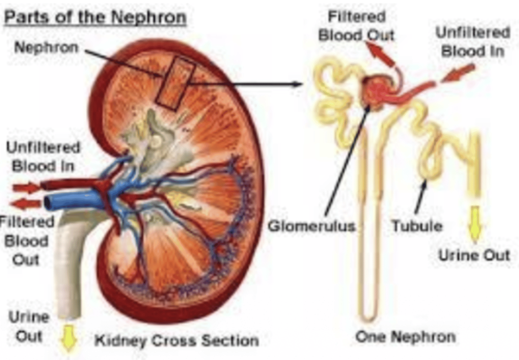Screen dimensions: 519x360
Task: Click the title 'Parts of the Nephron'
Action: [x=95, y=17]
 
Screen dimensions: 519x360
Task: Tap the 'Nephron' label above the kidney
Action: [x=46, y=47]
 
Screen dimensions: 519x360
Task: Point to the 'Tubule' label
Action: [x=417, y=226]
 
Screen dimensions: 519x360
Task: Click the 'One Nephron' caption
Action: [x=405, y=337]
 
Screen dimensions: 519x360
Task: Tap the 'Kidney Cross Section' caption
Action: [x=177, y=340]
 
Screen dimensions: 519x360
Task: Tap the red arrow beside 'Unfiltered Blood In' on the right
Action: [x=458, y=73]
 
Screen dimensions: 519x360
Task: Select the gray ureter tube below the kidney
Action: [x=68, y=267]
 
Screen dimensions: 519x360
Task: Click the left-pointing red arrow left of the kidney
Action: [x=25, y=204]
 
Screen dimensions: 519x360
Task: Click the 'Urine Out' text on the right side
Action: [x=474, y=255]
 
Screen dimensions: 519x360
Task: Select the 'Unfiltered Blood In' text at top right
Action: [x=473, y=42]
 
